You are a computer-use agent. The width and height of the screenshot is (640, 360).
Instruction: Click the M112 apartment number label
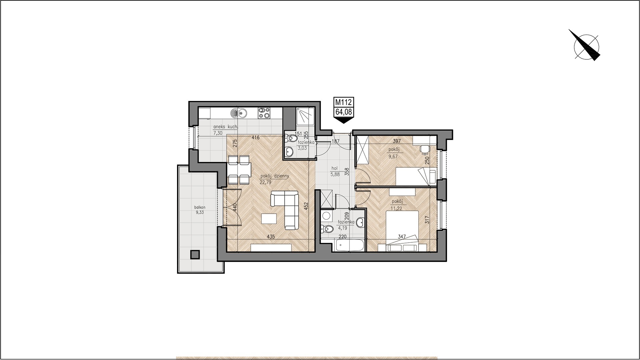click(343, 102)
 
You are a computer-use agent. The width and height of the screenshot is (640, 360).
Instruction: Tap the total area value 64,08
click(343, 111)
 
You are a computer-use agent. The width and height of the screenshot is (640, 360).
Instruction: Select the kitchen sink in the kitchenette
click(238, 113)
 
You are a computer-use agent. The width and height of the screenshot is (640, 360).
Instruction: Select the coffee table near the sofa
click(269, 219)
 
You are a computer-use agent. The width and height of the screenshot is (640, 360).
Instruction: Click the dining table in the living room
click(239, 170)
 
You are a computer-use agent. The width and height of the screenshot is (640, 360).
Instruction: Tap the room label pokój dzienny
click(275, 176)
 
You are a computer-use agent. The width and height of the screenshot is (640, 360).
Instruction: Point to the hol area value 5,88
click(335, 173)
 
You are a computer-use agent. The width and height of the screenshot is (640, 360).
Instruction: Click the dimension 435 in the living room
click(271, 237)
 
